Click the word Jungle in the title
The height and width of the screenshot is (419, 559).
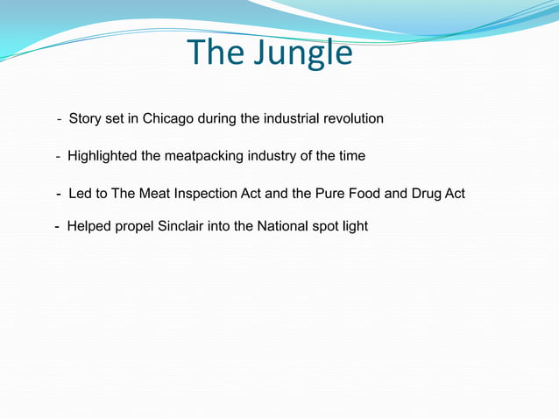[x=302, y=53]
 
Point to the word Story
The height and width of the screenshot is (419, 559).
[x=85, y=118]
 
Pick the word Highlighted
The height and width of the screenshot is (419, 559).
[x=102, y=156]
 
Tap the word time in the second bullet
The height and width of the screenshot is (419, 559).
[x=351, y=156]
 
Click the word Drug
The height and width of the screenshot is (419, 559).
[x=427, y=193]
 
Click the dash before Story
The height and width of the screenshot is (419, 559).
[x=60, y=118]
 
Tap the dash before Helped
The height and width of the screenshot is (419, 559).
[x=58, y=226]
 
